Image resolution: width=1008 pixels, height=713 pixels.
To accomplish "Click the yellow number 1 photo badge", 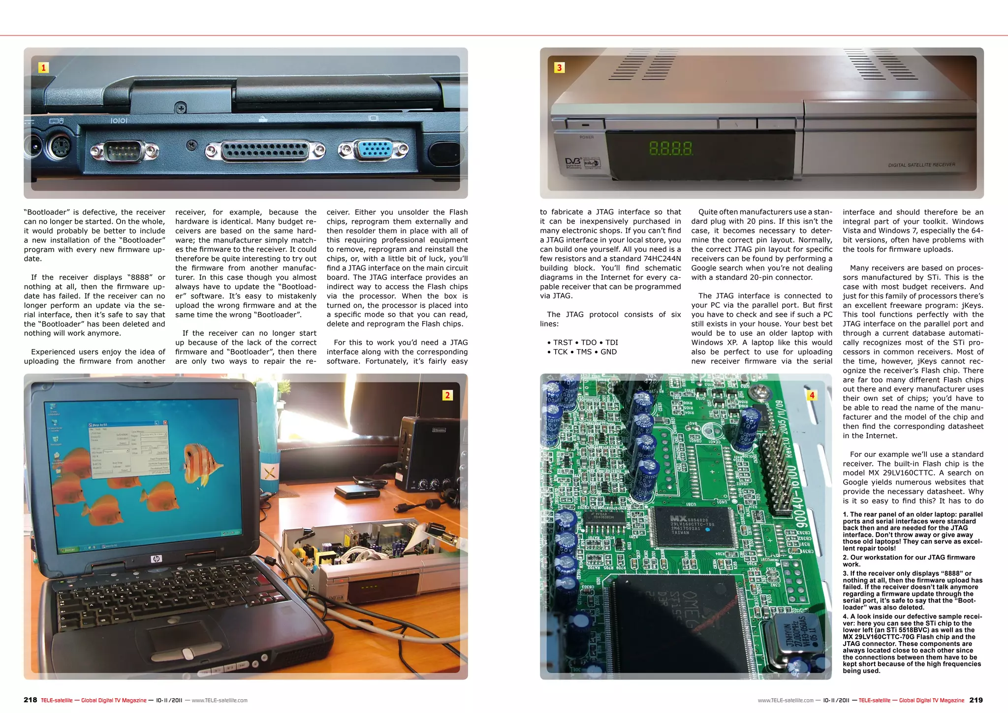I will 43,67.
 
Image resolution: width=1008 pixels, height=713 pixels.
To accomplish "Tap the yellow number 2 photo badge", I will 447,395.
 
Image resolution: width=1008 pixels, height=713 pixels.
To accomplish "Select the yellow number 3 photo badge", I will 559,67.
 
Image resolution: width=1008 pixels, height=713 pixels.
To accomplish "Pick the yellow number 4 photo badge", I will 812,395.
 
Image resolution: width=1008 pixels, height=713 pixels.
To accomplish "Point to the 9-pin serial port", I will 118,151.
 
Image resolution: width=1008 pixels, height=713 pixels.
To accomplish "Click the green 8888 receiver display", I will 670,148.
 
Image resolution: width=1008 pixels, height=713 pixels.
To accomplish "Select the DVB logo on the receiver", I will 573,162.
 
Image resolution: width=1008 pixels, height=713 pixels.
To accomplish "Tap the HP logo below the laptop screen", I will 157,559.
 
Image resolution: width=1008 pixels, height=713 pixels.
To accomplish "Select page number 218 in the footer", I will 30,700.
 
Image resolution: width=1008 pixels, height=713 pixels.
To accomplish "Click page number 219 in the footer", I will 976,700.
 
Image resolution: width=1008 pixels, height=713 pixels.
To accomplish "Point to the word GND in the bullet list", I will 608,352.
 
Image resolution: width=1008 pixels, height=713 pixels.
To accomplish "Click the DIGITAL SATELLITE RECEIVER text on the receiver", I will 921,164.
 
